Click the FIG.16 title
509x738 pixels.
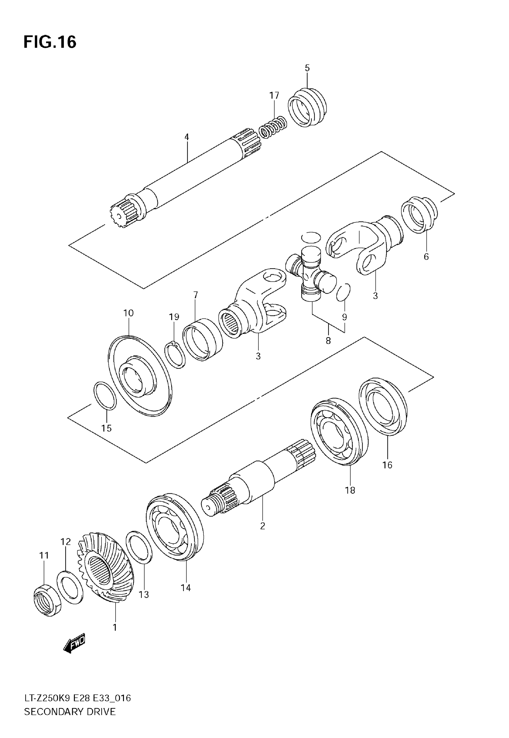click(x=50, y=42)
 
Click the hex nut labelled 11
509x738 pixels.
click(x=47, y=601)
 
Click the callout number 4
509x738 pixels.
click(x=187, y=137)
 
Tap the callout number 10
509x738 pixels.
click(x=128, y=313)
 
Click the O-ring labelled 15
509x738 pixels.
click(x=105, y=395)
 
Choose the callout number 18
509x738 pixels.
click(x=350, y=490)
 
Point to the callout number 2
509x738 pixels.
click(x=263, y=526)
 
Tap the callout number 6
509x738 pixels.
click(x=426, y=256)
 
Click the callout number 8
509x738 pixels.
click(x=328, y=341)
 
